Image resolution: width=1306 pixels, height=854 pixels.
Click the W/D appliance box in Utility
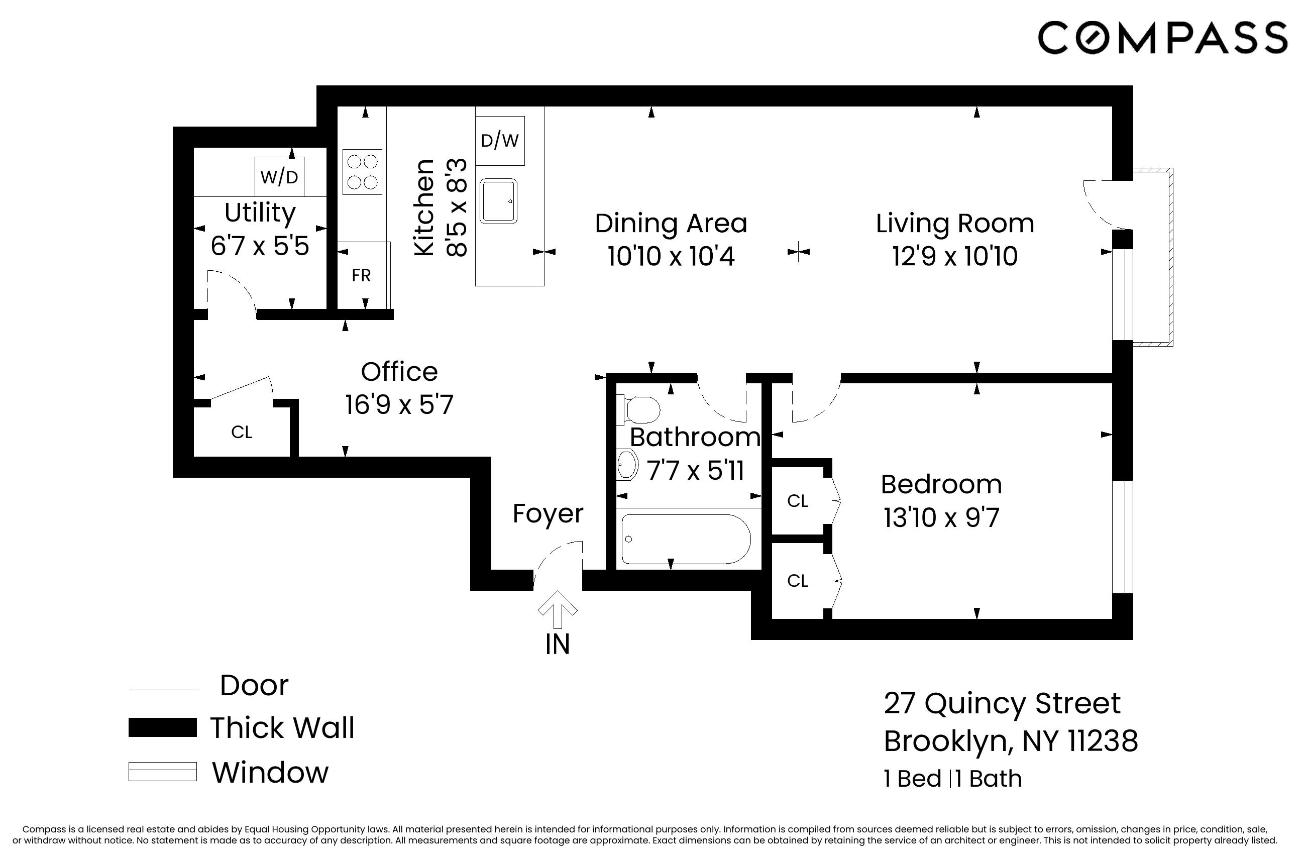pos(279,177)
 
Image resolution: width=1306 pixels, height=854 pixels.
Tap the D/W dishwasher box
pos(499,141)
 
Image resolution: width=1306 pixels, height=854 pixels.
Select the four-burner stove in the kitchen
pos(362,172)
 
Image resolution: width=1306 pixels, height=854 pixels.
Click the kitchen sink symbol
pos(498,201)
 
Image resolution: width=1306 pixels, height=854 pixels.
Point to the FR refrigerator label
pos(361,275)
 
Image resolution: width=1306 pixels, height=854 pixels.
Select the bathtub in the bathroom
pos(685,539)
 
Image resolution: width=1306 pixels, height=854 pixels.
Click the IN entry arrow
pos(557,609)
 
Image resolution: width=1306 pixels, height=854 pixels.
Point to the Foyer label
pos(548,514)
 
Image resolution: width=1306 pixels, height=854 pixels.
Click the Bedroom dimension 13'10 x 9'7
pos(941,517)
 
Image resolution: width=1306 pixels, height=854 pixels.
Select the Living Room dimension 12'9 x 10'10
pos(955,256)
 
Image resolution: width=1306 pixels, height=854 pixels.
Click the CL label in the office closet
pos(242,433)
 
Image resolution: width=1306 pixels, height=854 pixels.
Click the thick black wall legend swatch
pos(162,728)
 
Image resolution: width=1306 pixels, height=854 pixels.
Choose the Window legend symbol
pos(162,771)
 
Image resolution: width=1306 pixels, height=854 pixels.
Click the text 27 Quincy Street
pos(1002,703)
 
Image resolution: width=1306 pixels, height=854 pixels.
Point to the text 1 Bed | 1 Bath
pos(952,779)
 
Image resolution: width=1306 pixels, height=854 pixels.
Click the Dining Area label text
pos(671,224)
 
